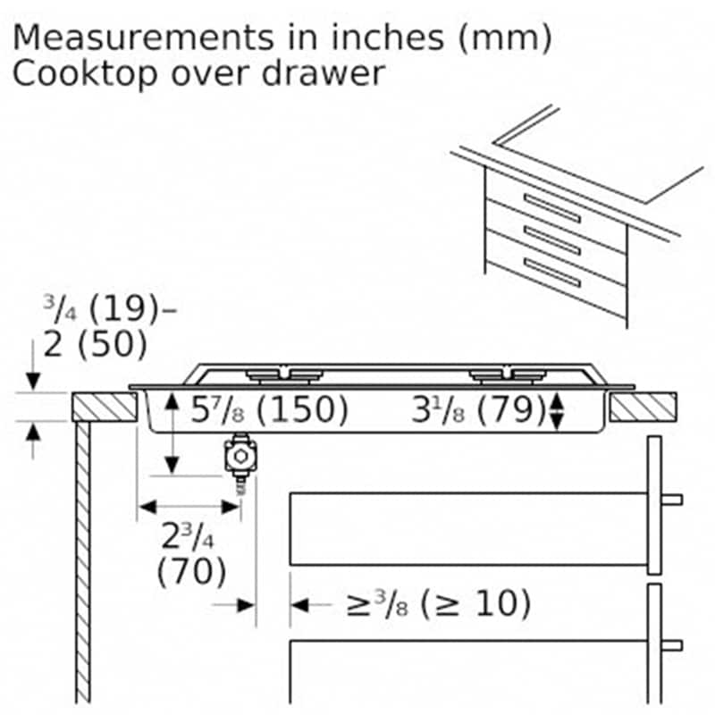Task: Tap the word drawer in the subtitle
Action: click(324, 73)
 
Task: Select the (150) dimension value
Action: click(302, 409)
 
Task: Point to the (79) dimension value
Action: click(511, 409)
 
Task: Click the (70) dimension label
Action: click(191, 571)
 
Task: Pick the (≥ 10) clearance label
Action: click(475, 604)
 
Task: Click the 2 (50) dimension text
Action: click(96, 344)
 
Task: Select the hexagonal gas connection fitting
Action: click(240, 456)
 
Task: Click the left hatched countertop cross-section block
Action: click(105, 407)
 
